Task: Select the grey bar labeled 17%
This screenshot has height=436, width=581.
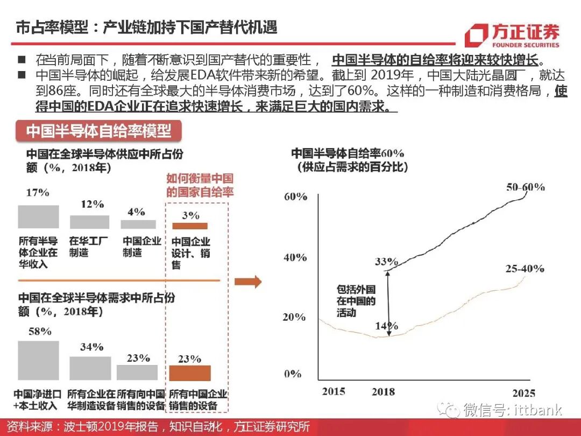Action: [38, 216]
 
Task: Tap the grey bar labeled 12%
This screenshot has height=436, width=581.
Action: [89, 222]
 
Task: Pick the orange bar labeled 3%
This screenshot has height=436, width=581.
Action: [189, 226]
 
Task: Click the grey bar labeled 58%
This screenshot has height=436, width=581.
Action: [38, 360]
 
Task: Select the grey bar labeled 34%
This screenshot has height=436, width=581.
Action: [90, 368]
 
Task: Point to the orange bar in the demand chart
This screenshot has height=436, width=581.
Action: [190, 373]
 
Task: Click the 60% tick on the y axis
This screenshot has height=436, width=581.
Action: [295, 196]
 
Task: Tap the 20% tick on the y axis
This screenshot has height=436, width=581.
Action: [295, 317]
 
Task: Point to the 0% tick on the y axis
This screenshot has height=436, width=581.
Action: [293, 374]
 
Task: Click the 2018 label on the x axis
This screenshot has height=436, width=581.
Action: [383, 392]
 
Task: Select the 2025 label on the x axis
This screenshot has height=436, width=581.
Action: [523, 392]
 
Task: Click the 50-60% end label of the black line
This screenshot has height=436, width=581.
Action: [525, 187]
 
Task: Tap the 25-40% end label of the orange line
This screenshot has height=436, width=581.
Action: [525, 268]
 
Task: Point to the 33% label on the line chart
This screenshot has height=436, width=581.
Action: [386, 262]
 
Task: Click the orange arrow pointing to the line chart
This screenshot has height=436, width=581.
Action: [248, 281]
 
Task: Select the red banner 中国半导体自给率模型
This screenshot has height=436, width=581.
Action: [99, 131]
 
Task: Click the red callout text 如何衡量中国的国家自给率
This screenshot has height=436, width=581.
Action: [200, 185]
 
